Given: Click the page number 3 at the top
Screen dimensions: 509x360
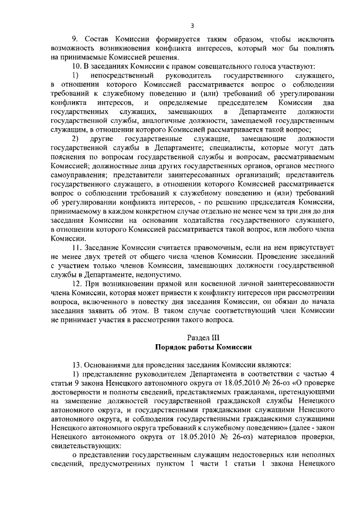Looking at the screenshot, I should coord(192,25).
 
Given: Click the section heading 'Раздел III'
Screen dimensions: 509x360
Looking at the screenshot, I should coord(195,337).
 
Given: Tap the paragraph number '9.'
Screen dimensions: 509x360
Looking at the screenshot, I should coord(74,39).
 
